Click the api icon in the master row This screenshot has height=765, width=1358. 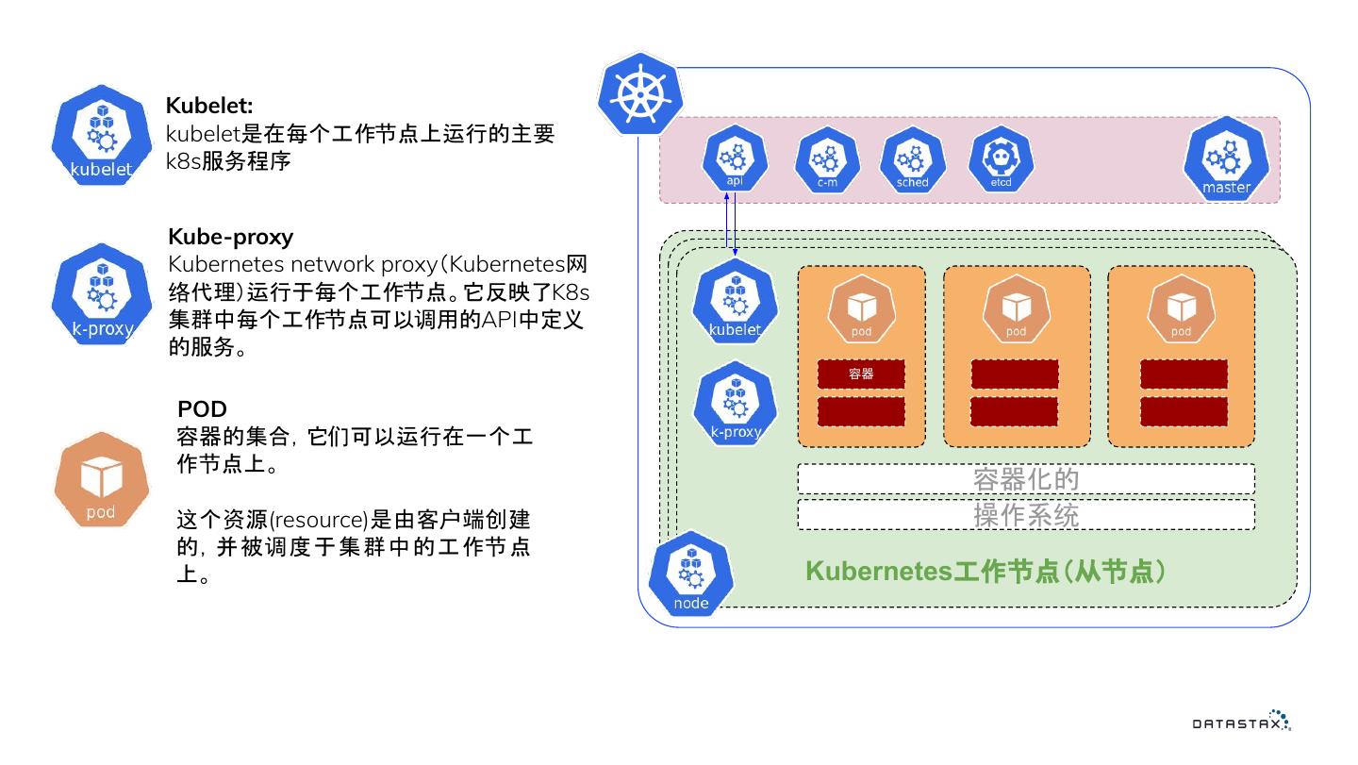point(735,159)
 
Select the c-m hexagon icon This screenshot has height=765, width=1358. point(827,159)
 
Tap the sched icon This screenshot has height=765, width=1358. point(912,159)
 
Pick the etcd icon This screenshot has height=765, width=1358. point(1001,159)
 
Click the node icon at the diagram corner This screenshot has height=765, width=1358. point(691,574)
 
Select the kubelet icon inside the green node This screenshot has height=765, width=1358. point(735,303)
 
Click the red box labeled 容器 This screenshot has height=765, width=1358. point(861,374)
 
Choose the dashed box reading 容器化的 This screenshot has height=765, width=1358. point(1026,479)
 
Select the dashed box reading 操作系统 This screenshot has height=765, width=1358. point(1026,515)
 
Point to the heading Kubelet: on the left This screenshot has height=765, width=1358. point(209,106)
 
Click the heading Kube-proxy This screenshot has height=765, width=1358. point(230,236)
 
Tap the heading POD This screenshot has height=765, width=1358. point(202,409)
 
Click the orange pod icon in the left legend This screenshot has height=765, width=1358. point(101,480)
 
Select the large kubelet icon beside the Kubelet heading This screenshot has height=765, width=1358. point(101,138)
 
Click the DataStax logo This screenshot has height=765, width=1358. point(1241,722)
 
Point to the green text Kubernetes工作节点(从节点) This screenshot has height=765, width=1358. point(985,572)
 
